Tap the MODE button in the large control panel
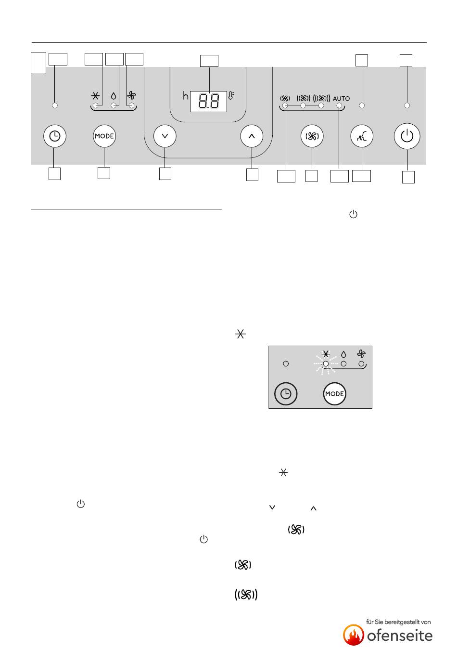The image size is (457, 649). click(x=104, y=136)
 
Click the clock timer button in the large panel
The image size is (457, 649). click(x=55, y=136)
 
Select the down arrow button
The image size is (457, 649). click(x=165, y=136)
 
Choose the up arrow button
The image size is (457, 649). click(x=252, y=136)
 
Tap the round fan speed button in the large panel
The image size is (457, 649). click(x=312, y=136)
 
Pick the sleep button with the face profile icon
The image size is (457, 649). click(x=362, y=136)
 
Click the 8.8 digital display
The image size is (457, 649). click(x=208, y=102)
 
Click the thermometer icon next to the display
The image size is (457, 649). click(x=231, y=95)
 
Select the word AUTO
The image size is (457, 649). click(x=341, y=99)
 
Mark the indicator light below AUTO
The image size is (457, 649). click(x=339, y=105)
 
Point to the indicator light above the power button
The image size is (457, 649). click(x=407, y=105)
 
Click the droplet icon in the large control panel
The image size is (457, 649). click(x=114, y=96)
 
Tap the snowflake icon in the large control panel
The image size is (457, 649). click(x=96, y=96)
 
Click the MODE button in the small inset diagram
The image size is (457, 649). click(x=335, y=394)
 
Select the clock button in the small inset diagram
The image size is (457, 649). click(x=286, y=394)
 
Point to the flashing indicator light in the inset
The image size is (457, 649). click(x=326, y=363)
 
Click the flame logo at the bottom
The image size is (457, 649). click(x=354, y=635)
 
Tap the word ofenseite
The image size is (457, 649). click(x=400, y=636)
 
